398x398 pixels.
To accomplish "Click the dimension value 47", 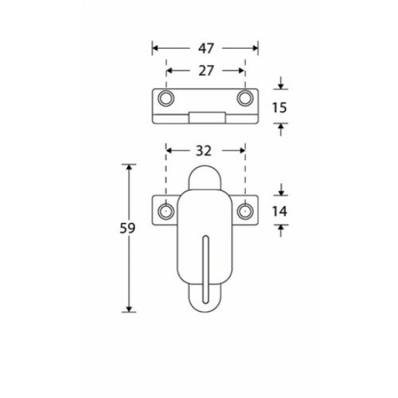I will [x=206, y=49].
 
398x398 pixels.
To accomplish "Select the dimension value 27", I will [x=206, y=71].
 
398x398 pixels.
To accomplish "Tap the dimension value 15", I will [x=279, y=108].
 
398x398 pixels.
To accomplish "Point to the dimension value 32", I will [x=204, y=151].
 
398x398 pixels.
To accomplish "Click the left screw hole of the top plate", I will [x=166, y=98].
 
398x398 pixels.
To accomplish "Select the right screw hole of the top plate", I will [x=245, y=98].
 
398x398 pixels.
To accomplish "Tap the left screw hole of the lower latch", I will [x=166, y=211].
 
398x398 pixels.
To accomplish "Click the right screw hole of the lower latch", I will [x=245, y=211].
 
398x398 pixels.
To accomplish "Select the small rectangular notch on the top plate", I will [x=205, y=117].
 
